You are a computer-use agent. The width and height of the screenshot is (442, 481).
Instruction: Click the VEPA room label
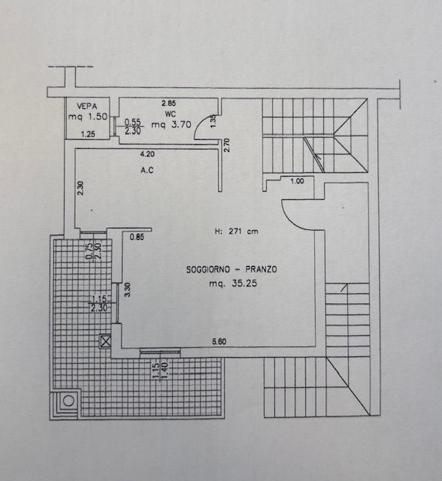[x=86, y=107]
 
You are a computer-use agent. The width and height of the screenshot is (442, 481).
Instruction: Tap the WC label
[x=171, y=114]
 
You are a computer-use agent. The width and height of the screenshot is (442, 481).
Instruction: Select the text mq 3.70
[x=171, y=125]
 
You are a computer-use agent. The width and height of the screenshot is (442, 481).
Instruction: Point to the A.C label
[x=147, y=170]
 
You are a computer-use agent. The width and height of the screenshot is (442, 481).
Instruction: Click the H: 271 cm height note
[x=236, y=231]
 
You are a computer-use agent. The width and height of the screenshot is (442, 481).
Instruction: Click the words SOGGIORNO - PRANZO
[x=232, y=270]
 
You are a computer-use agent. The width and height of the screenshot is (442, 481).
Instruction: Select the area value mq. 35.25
[x=233, y=283]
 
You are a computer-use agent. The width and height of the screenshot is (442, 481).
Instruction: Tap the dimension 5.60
[x=219, y=341]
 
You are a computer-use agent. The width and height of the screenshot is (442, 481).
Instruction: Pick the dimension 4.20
[x=147, y=154]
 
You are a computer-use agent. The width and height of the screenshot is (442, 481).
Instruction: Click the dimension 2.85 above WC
[x=168, y=104]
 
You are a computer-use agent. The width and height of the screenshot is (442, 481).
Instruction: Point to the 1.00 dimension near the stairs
[x=297, y=181]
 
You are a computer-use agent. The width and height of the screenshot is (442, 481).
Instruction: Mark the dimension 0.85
[x=137, y=237]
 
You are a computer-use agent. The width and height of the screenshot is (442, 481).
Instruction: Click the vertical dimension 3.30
[x=128, y=289]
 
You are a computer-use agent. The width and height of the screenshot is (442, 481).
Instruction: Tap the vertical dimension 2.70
[x=227, y=145]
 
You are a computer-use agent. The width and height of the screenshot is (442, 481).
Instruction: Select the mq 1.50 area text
[x=88, y=116]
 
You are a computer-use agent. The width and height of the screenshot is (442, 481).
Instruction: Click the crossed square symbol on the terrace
[x=105, y=341]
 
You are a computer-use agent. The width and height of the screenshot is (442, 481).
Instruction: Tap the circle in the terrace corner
[x=68, y=401]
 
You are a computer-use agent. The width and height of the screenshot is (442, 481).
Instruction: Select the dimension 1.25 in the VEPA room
[x=88, y=134]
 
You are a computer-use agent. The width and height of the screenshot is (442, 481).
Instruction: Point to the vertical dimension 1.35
[x=213, y=121]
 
